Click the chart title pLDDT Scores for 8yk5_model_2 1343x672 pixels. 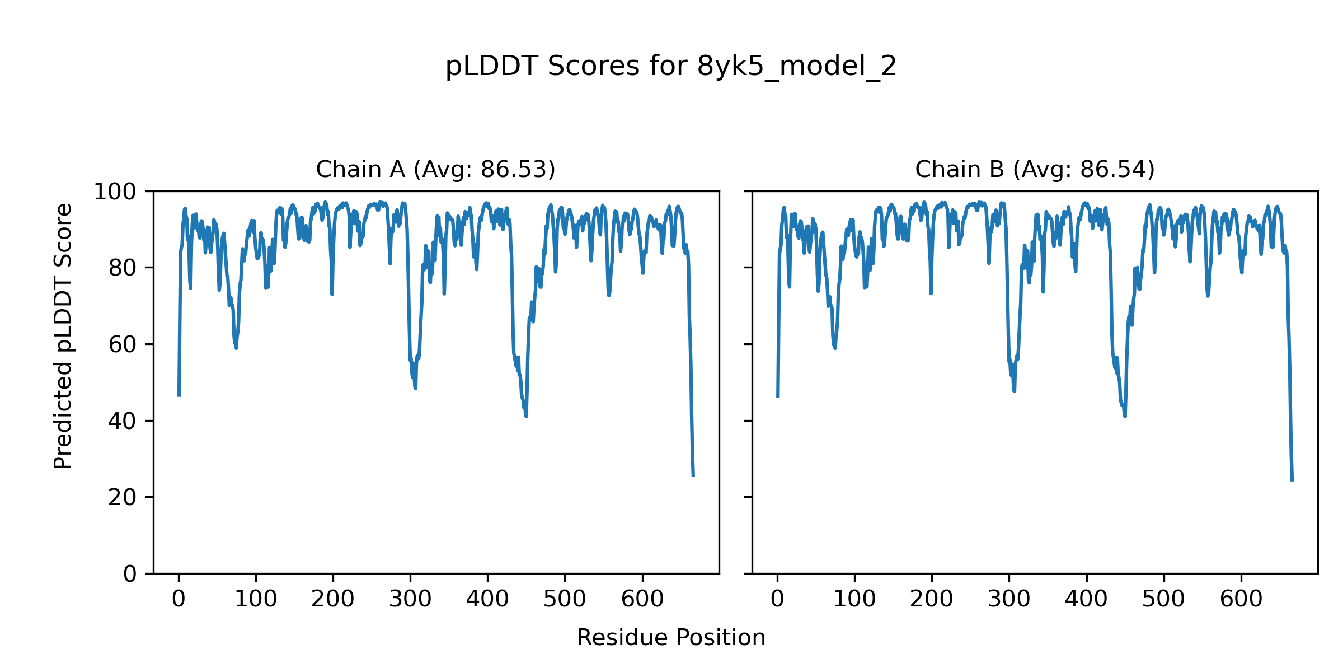(x=670, y=67)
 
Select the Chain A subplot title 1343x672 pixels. (x=435, y=169)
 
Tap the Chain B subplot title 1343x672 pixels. (x=1035, y=169)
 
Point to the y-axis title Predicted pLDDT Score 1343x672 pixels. (x=63, y=336)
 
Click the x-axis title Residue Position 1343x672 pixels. (x=670, y=638)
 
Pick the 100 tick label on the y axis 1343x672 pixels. (x=115, y=192)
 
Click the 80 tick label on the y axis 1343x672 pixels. (x=123, y=268)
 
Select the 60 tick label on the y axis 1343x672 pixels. (x=123, y=345)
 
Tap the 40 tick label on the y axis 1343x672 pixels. (x=123, y=421)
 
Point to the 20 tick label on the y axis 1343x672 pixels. (x=123, y=498)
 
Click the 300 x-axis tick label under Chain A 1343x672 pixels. (x=410, y=599)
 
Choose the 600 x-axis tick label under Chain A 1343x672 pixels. (x=642, y=599)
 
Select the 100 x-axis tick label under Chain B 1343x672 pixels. (x=854, y=599)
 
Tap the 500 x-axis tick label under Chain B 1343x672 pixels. (x=1164, y=599)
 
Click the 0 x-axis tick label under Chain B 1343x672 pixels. (x=777, y=599)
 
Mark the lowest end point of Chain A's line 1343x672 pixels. (x=693, y=476)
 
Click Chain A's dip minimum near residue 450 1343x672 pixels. (x=526, y=416)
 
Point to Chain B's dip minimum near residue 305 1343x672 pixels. (x=1014, y=390)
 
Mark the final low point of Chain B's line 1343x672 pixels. (x=1292, y=480)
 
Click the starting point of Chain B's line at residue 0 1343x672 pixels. (x=777, y=397)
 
